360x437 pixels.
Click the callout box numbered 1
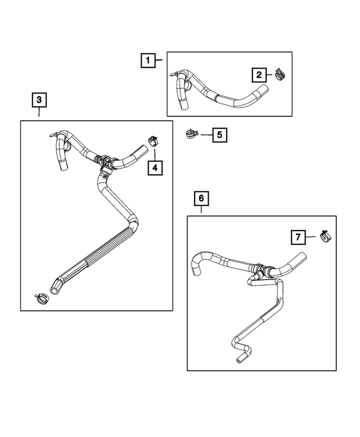point(147,60)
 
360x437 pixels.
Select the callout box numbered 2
point(259,74)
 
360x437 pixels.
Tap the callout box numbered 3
point(39,100)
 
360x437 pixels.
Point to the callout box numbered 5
point(219,135)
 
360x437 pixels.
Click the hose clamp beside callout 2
point(280,74)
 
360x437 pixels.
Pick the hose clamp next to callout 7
point(325,237)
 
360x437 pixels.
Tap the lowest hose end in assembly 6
point(241,358)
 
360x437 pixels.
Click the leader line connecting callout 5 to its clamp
point(206,135)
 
